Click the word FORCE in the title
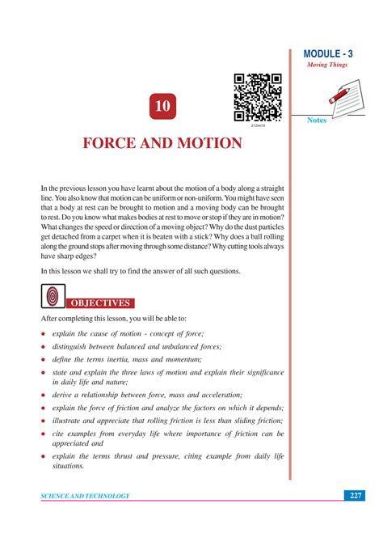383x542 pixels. (115, 143)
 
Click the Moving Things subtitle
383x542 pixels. (326, 65)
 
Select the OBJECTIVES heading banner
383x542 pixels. (99, 303)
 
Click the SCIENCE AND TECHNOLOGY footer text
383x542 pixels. (86, 496)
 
